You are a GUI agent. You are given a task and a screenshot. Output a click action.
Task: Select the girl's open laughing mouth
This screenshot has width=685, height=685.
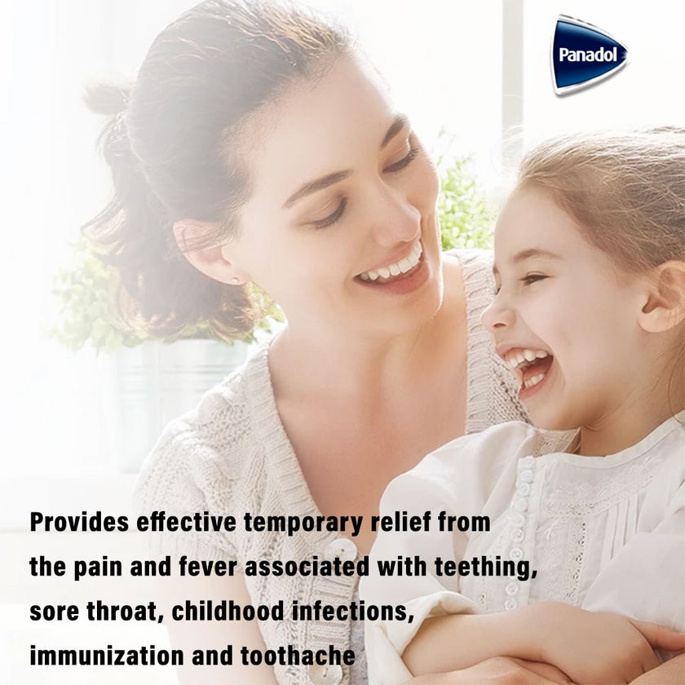(528, 365)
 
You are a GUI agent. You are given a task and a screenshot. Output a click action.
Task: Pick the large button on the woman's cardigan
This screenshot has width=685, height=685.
(341, 550)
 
